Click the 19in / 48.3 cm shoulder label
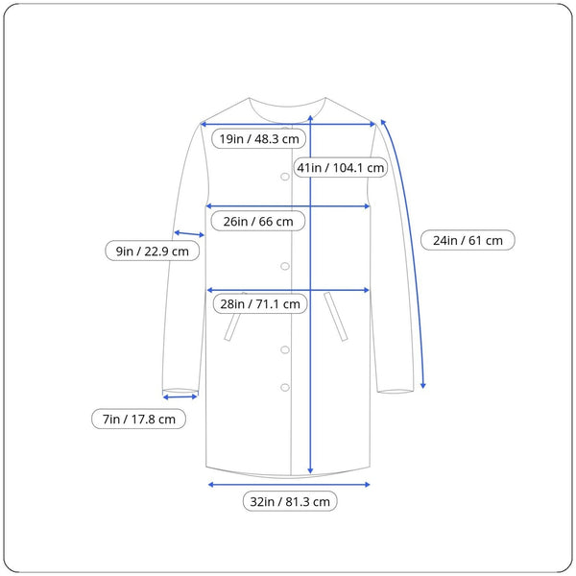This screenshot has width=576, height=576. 258,139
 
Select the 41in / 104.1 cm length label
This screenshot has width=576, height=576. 341,167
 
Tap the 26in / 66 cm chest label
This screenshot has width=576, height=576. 258,221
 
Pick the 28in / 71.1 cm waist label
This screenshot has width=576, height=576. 260,303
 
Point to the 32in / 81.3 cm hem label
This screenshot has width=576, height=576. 290,501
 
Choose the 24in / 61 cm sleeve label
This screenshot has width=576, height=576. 468,240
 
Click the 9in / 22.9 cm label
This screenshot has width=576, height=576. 152,251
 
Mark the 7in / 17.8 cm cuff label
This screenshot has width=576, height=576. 138,419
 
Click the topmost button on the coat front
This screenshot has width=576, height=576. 285,177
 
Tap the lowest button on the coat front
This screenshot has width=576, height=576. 285,387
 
